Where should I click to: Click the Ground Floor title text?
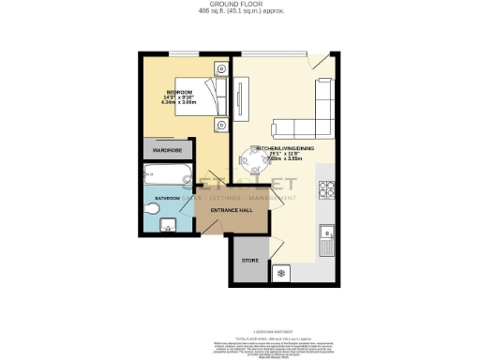point(241,5)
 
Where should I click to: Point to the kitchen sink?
point(327,239)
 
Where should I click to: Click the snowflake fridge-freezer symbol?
point(280,275)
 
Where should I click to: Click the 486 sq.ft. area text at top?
point(241,12)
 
